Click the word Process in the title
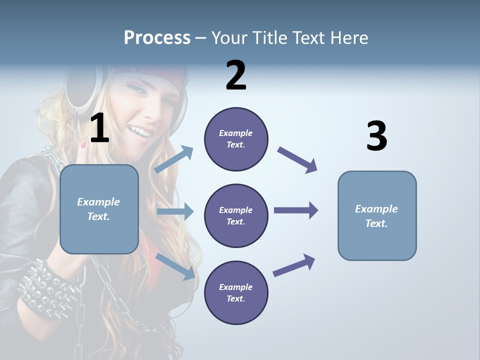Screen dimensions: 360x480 [x=157, y=38]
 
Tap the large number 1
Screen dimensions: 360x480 [x=99, y=128]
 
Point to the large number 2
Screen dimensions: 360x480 [x=236, y=76]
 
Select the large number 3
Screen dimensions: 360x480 [x=376, y=136]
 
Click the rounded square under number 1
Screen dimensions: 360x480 [x=99, y=209]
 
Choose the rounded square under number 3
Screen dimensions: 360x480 [x=376, y=215]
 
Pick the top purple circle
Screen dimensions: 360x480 [x=236, y=139]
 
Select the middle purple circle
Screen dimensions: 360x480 [x=236, y=215]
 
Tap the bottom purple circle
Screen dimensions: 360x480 [x=236, y=292]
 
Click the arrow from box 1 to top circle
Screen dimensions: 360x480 [x=174, y=159]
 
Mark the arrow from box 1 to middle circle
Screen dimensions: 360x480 [x=175, y=211]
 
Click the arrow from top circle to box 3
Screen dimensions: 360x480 [x=297, y=159]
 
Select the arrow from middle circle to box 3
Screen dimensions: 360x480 [x=296, y=210]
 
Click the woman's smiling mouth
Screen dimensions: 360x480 [x=140, y=132]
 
